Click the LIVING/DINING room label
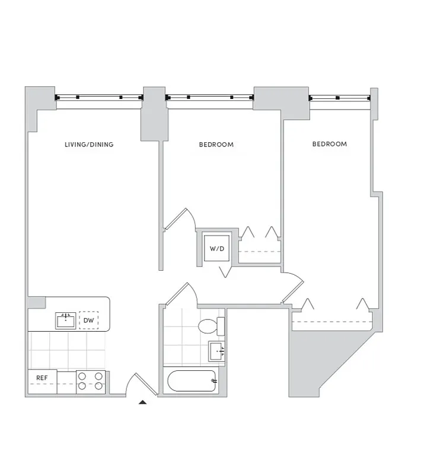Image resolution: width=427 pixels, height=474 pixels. point(89,145)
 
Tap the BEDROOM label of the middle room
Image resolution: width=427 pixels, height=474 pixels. point(216,145)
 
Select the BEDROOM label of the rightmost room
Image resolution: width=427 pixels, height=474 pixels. point(329,144)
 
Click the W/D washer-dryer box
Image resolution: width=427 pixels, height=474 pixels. point(216,248)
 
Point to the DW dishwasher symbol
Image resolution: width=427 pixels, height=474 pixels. point(89,321)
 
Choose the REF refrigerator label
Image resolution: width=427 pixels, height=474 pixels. point(42,377)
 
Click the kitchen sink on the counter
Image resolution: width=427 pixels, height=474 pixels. point(66,321)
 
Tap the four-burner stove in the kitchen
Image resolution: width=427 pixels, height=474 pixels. point(91,382)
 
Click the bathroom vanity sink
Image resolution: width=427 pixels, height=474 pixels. point(217,350)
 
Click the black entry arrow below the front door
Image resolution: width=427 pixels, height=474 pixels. point(142,402)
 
